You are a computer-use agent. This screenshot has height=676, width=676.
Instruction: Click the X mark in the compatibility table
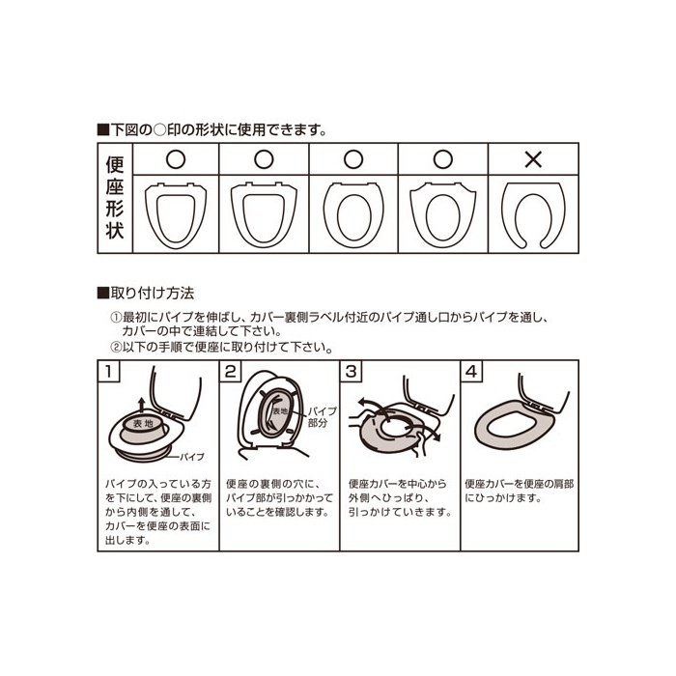coord(533,160)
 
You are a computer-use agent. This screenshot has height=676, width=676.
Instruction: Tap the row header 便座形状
coord(115,197)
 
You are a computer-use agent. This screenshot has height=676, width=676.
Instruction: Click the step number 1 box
coord(109,371)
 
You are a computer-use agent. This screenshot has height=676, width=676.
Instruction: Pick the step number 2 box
coord(230,371)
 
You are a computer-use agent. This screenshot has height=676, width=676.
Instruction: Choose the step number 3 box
coord(351,371)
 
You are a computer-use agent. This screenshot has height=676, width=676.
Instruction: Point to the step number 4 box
coord(471,371)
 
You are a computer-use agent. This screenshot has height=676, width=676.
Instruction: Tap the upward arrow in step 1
coord(141,407)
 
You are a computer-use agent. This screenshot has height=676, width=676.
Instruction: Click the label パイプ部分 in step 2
coord(322,417)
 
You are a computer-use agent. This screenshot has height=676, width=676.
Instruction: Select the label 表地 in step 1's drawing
coord(143,424)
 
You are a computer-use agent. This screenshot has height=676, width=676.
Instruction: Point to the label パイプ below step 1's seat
coord(192,457)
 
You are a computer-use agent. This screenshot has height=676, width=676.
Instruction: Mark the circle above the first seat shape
coord(176,159)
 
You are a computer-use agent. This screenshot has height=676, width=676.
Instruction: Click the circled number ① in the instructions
coord(116,318)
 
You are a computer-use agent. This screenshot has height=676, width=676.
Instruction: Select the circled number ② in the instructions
coord(116,347)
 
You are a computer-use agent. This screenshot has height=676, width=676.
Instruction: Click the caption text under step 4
coord(520,491)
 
